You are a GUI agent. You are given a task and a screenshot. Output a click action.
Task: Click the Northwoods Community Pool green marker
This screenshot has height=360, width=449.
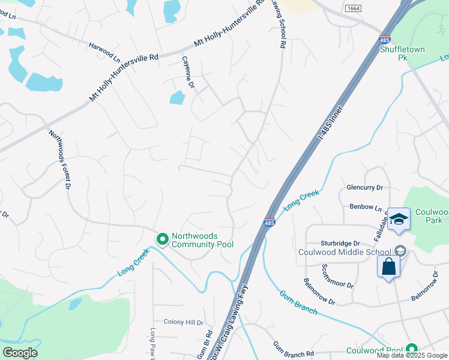pyautogui.click(x=162, y=239)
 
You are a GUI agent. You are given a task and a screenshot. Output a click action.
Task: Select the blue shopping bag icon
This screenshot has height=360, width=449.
pyautogui.click(x=388, y=266)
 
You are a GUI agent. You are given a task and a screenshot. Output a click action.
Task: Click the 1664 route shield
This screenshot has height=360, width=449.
pyautogui.click(x=353, y=8)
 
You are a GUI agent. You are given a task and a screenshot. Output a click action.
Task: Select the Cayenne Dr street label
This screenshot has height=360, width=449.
pyautogui.click(x=188, y=73)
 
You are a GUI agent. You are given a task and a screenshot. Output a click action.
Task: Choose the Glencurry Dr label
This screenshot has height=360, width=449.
pyautogui.click(x=364, y=188)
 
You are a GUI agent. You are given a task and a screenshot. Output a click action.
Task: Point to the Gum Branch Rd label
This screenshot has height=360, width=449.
pyautogui.click(x=294, y=348)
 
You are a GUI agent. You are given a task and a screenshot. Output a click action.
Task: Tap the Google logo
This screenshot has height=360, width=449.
pyautogui.click(x=20, y=352)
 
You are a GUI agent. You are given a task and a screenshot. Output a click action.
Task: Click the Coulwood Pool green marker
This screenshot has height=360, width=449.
pyautogui.click(x=411, y=349)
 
